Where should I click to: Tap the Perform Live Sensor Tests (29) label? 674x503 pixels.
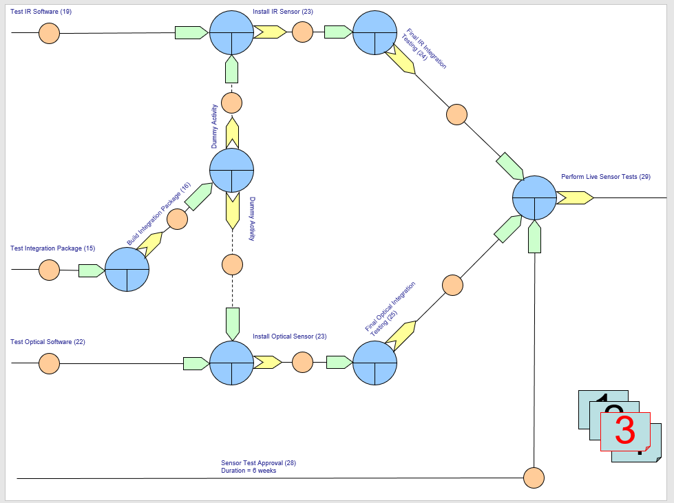click(x=605, y=177)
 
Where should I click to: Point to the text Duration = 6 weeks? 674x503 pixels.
click(x=249, y=471)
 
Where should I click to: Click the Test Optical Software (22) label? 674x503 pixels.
click(x=48, y=342)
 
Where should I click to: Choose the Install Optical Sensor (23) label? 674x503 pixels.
click(x=289, y=336)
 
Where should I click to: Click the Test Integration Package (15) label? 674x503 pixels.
click(x=52, y=248)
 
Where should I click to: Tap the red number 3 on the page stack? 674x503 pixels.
click(x=624, y=430)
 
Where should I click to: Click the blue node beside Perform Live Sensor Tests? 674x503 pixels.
click(x=534, y=197)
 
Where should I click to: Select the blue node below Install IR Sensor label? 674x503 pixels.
click(x=231, y=32)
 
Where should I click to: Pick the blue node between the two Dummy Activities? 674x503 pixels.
click(x=231, y=170)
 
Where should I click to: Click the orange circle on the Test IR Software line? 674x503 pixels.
click(x=49, y=32)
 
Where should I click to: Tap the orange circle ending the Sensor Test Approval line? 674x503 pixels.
click(x=534, y=478)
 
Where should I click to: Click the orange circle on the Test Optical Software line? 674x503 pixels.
click(x=49, y=363)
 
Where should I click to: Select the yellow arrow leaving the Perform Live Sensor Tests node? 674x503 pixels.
click(x=575, y=197)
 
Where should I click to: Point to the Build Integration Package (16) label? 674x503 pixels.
click(x=159, y=214)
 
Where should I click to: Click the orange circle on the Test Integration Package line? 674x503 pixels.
click(x=49, y=270)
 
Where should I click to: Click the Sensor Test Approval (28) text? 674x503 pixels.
click(x=258, y=463)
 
